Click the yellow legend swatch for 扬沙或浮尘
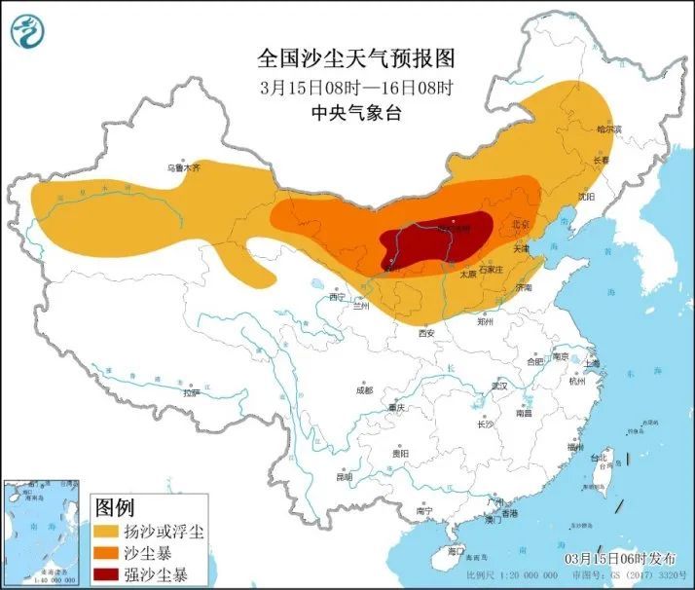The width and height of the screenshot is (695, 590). [107, 532]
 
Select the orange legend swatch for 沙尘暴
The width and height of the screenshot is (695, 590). [107, 552]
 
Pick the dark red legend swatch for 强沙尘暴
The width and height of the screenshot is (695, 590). [107, 572]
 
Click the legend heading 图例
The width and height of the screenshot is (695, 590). [115, 507]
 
